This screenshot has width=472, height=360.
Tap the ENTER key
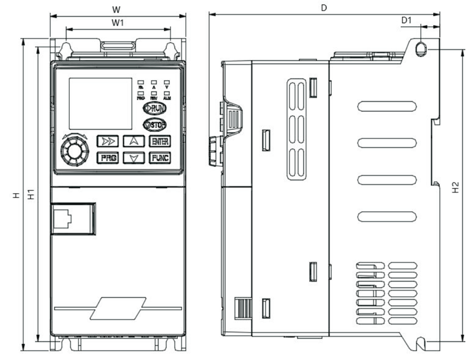point(160,141)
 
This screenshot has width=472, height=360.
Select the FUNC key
point(160,158)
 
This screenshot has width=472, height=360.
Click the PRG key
point(107,158)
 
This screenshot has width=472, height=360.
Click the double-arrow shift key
point(107,141)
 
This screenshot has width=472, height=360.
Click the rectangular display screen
point(100,104)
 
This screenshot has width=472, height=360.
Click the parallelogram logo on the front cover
point(118,309)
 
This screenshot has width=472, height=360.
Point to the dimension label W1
point(117,22)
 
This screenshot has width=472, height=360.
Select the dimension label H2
point(456,187)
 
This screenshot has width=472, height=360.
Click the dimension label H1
point(32,193)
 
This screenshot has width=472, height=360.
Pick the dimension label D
point(324,8)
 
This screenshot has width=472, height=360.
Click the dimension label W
point(116,9)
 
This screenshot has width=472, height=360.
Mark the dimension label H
point(16,194)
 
